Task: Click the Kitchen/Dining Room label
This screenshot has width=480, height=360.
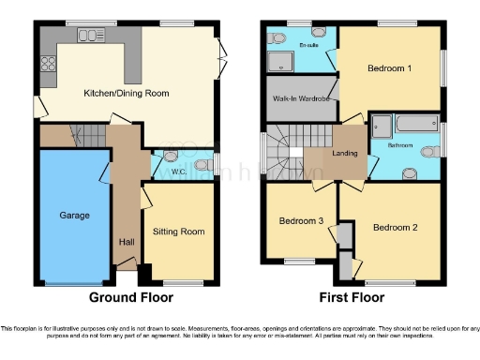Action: (127, 93)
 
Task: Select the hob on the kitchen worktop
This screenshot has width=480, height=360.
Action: (47, 65)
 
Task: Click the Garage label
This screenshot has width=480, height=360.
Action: (75, 216)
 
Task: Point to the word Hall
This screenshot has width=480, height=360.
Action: (126, 242)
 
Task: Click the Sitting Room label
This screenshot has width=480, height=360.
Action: (178, 232)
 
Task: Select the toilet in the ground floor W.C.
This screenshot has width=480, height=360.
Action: (172, 156)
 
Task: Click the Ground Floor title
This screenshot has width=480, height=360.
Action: (131, 298)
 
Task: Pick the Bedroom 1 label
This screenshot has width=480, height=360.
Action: (388, 68)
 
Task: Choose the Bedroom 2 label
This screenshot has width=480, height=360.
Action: (394, 228)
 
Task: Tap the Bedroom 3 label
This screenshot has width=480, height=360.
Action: (301, 221)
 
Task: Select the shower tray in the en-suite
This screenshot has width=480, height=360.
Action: (282, 63)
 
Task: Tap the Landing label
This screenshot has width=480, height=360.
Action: (344, 154)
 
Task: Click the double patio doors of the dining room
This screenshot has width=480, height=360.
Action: (221, 58)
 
